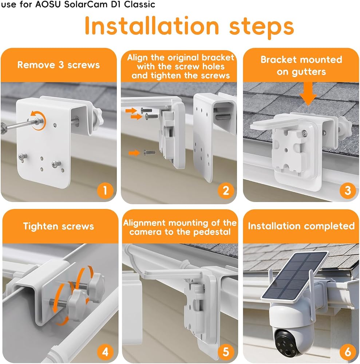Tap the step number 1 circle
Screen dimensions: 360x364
105,191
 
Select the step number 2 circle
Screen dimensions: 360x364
226,191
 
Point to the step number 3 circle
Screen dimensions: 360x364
348,191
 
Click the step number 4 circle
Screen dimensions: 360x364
105,352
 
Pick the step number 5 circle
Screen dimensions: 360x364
226,352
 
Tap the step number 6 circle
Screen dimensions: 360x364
348,352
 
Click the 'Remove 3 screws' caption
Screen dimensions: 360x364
59,65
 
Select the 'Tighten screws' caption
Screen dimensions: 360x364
59,226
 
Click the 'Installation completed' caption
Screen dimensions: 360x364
301,226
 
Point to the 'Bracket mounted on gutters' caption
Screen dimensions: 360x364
301,66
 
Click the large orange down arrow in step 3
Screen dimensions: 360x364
308,94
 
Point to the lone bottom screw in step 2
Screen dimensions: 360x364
150,153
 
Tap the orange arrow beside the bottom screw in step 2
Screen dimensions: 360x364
134,153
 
